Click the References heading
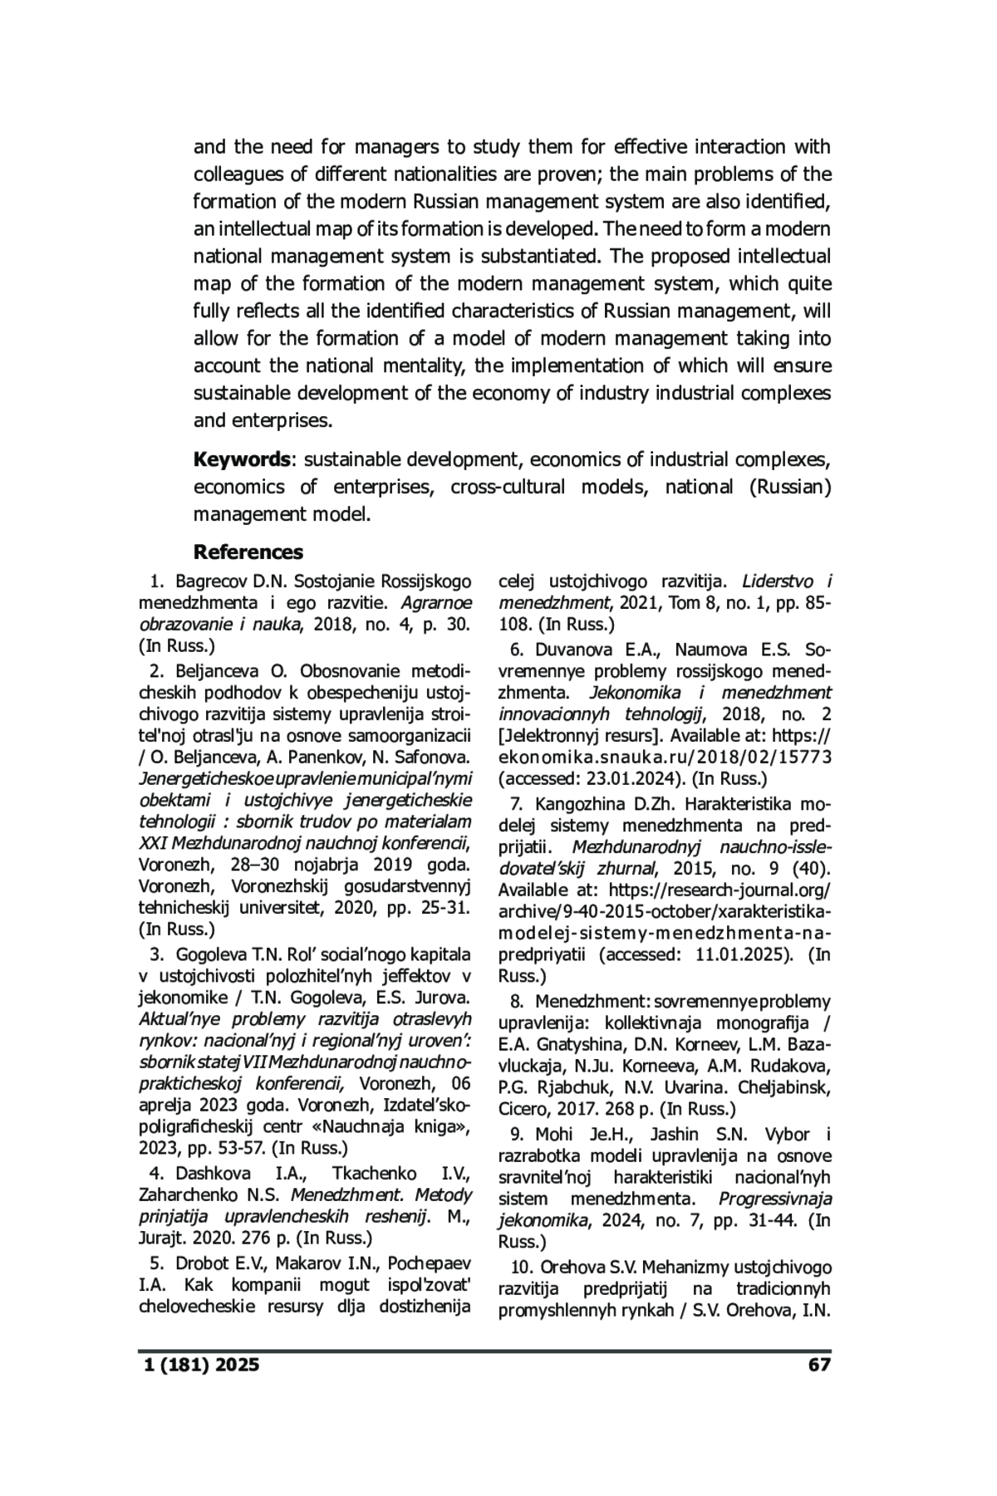[248, 552]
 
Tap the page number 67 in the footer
[818, 1365]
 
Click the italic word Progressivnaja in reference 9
[774, 1199]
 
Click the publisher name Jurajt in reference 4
[162, 1238]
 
